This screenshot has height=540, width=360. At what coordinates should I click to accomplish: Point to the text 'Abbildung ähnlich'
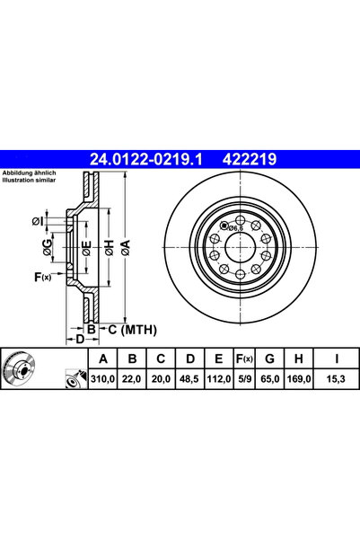(x=29, y=172)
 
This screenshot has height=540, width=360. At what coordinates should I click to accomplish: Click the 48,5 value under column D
(x=189, y=380)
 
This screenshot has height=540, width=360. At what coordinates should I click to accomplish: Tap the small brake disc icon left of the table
(x=19, y=368)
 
